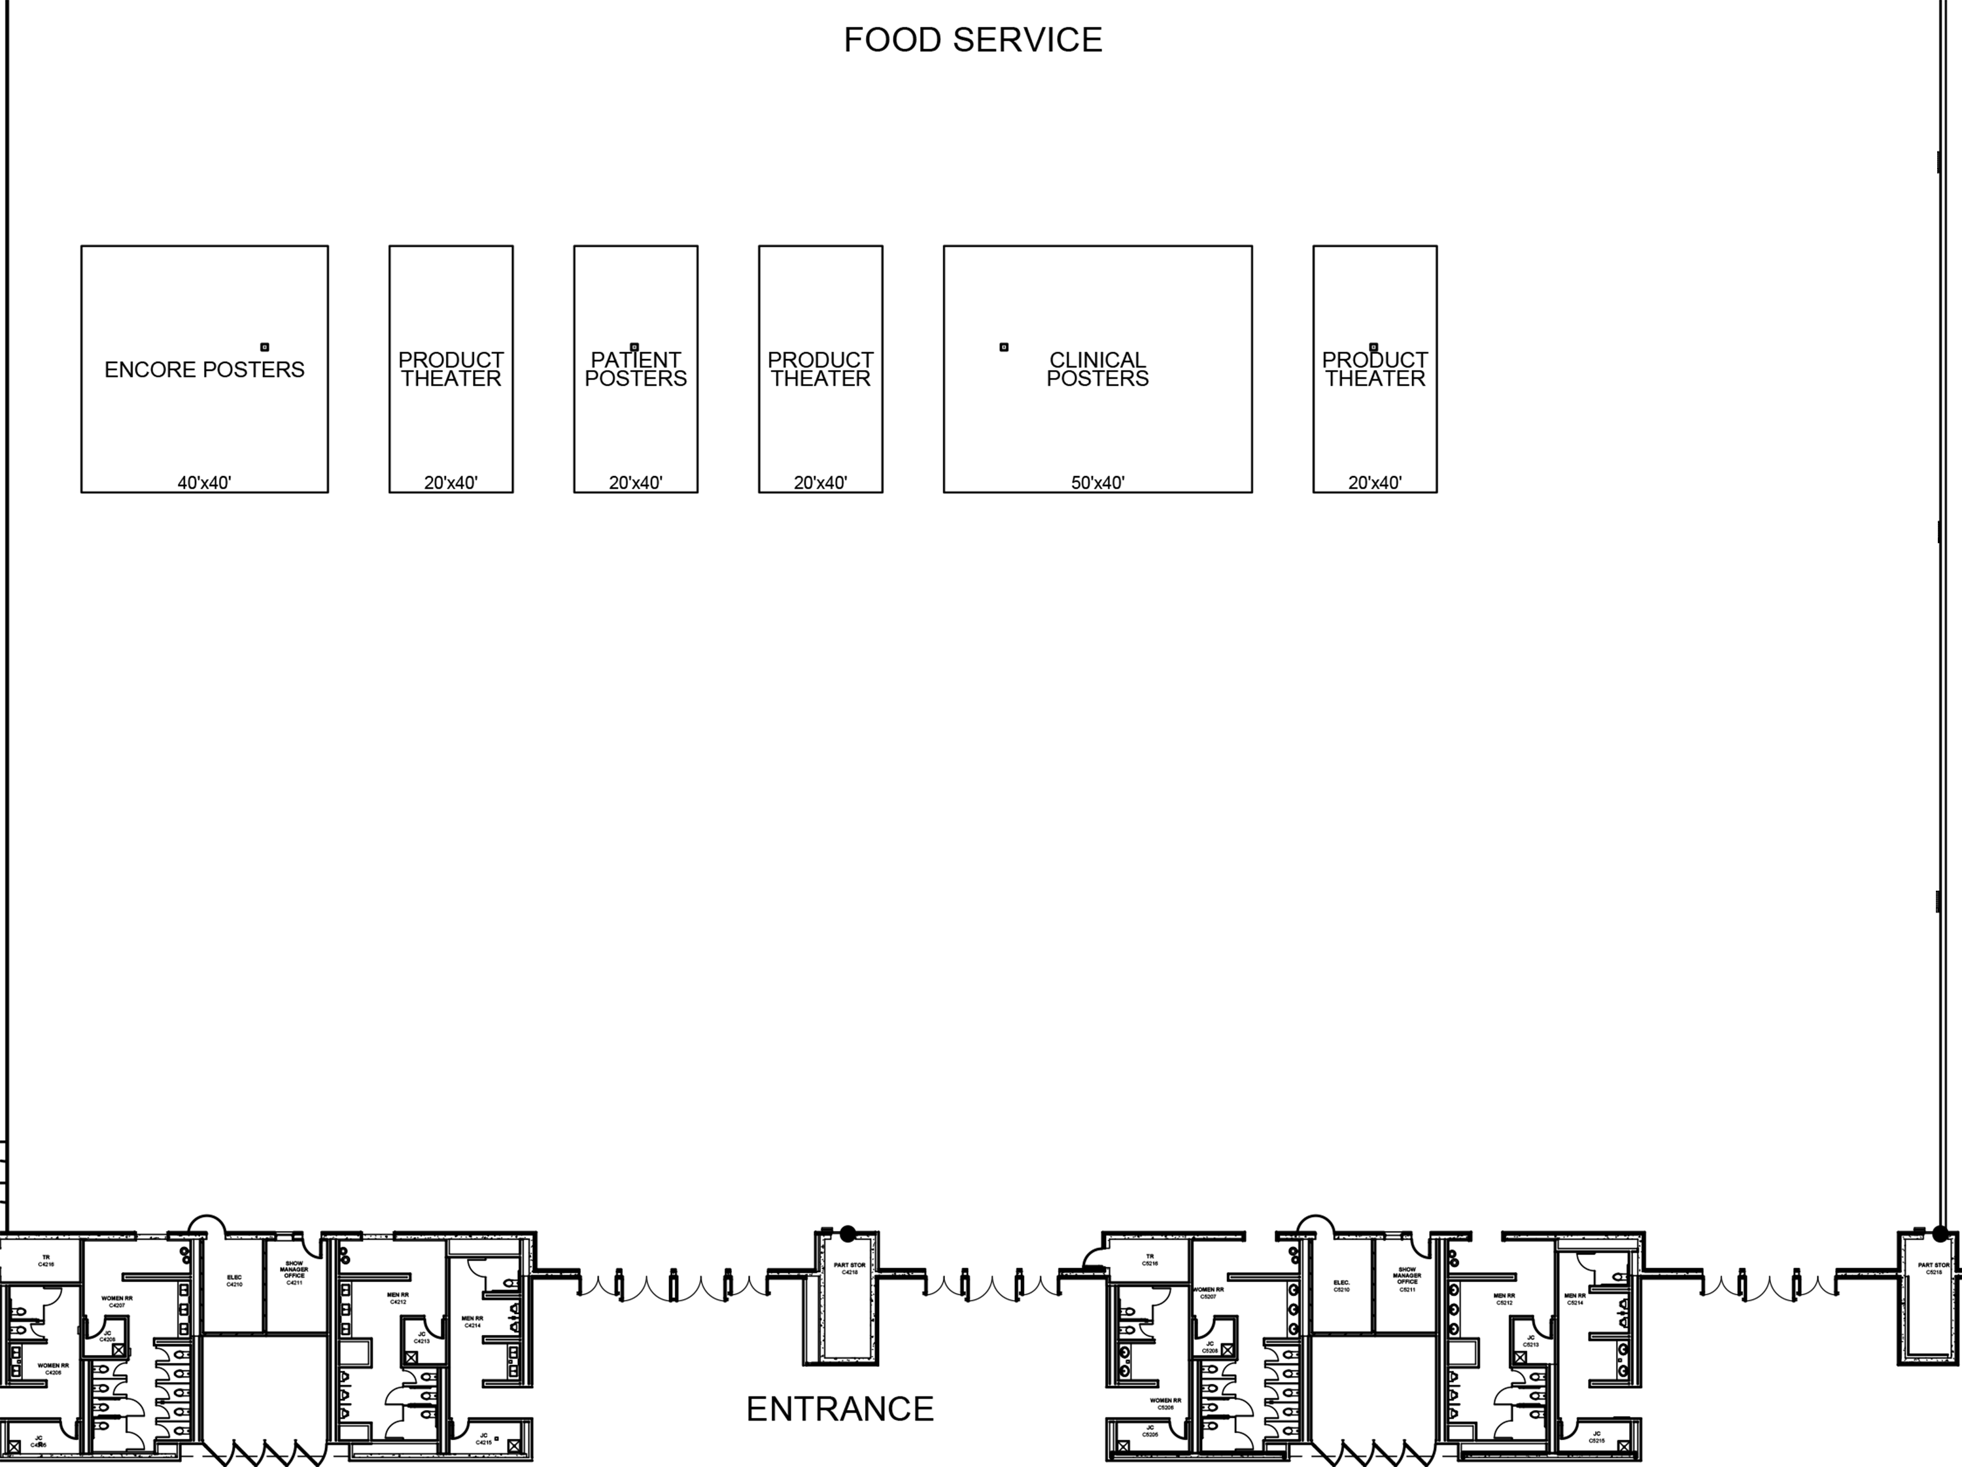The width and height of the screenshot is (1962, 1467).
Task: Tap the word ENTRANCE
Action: [839, 1408]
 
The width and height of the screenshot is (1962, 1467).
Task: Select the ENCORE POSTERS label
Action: [204, 370]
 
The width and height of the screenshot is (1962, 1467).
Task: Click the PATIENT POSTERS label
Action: [635, 369]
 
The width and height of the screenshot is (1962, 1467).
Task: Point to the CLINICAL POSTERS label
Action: [1097, 369]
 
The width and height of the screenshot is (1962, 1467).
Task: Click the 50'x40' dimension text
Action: [1097, 483]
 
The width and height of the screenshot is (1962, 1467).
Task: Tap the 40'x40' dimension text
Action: [204, 483]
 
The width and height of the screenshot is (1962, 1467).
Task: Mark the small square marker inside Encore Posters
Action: [264, 347]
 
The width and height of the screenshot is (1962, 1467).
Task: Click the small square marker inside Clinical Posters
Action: [1004, 347]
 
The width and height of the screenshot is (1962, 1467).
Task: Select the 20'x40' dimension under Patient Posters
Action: [635, 483]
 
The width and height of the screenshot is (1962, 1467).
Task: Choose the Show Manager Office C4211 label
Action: [294, 1273]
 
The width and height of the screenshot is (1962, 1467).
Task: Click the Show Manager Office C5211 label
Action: [1407, 1279]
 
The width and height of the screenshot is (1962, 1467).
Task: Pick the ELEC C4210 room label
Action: [234, 1281]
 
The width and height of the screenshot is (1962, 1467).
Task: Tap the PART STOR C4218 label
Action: [850, 1268]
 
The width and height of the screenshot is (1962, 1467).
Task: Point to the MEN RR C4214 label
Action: [473, 1322]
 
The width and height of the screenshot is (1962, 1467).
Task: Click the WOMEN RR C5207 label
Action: [1208, 1293]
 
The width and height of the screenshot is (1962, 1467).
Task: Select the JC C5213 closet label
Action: [1531, 1341]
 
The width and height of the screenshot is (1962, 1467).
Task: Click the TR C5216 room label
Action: [1150, 1260]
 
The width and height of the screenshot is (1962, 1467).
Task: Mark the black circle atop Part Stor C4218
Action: [848, 1234]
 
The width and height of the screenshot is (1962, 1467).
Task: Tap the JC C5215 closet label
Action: [1596, 1437]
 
